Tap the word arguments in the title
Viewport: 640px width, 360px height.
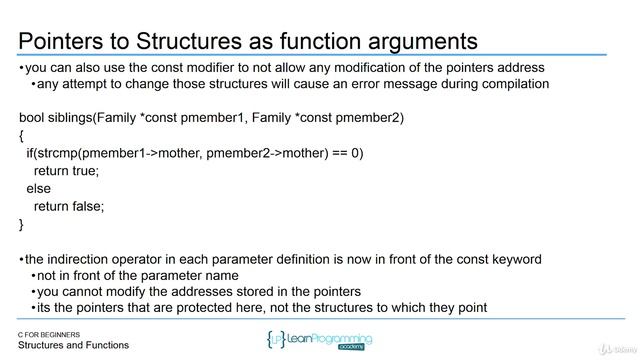tap(417, 41)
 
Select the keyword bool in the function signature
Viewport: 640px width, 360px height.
tap(33, 118)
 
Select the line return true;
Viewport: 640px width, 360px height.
tap(66, 170)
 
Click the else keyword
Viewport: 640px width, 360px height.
tap(39, 188)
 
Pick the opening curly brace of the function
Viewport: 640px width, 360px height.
tap(22, 135)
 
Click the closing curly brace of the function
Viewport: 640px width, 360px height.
tap(22, 223)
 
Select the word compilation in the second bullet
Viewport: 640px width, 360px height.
tap(512, 84)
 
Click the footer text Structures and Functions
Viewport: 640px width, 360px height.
tap(73, 346)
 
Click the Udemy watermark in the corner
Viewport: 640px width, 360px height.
tap(612, 350)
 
